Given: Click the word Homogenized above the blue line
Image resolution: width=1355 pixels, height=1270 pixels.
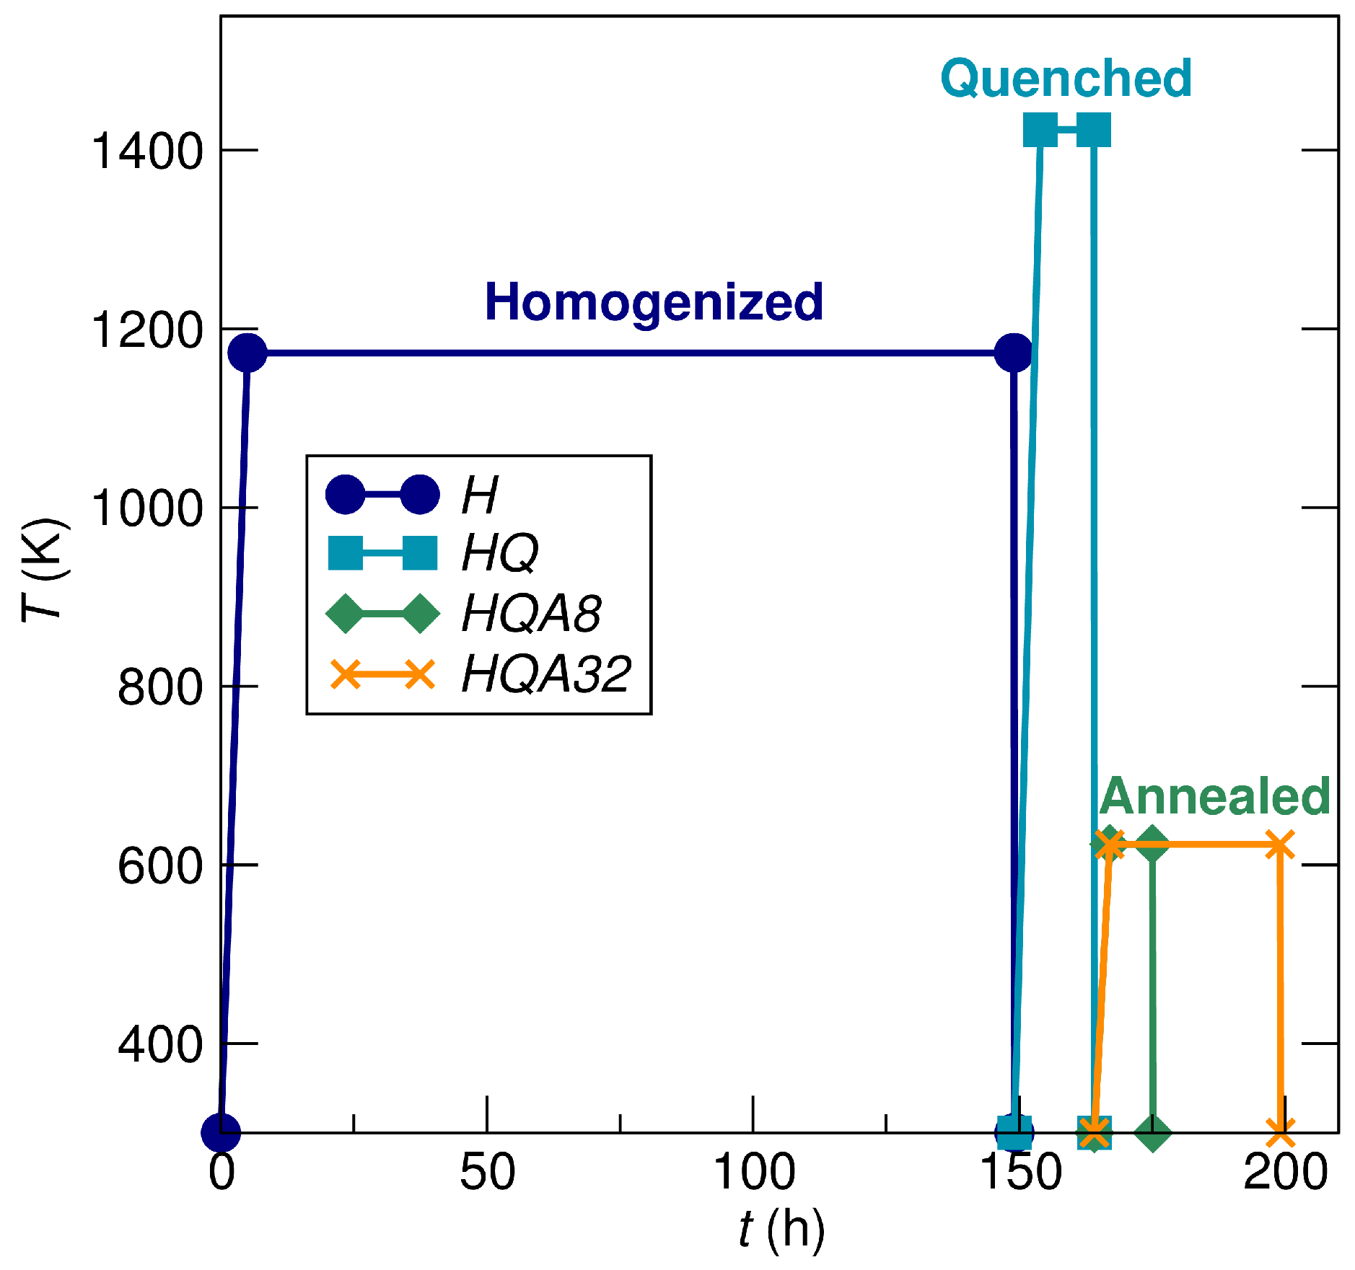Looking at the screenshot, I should [654, 301].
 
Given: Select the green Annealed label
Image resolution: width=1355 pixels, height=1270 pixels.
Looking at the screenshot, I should [1214, 796].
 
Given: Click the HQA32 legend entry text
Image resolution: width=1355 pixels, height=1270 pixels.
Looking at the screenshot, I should [546, 674].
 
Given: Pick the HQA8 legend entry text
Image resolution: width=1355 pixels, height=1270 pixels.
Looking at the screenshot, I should [531, 614].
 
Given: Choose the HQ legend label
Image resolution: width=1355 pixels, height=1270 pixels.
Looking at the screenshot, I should [500, 553].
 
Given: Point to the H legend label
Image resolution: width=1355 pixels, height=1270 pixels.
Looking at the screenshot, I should [480, 495].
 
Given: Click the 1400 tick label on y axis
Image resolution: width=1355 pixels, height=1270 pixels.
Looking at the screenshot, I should [147, 151].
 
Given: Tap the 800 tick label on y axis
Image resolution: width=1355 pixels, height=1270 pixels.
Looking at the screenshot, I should [160, 687].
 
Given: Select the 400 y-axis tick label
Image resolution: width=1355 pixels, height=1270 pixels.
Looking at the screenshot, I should [160, 1044].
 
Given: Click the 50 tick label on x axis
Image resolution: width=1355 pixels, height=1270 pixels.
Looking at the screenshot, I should [488, 1171].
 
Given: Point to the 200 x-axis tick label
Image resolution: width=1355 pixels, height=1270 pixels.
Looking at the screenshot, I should [1285, 1171].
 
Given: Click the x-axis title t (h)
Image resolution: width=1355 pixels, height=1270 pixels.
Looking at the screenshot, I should [781, 1229].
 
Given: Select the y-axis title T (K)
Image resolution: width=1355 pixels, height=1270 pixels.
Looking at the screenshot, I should [45, 570].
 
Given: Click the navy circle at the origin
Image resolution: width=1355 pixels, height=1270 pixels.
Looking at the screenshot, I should [221, 1132].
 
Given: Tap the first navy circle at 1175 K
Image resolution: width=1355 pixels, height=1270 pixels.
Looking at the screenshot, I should [247, 353].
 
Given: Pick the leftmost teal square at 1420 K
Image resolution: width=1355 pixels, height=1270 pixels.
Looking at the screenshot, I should [1040, 131].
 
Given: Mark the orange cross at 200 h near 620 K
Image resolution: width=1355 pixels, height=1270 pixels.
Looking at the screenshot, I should [1279, 845].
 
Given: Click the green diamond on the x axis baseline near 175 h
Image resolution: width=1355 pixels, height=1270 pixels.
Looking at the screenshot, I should [1152, 1132].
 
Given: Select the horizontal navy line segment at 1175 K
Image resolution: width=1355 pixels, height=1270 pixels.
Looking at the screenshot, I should [628, 353].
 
